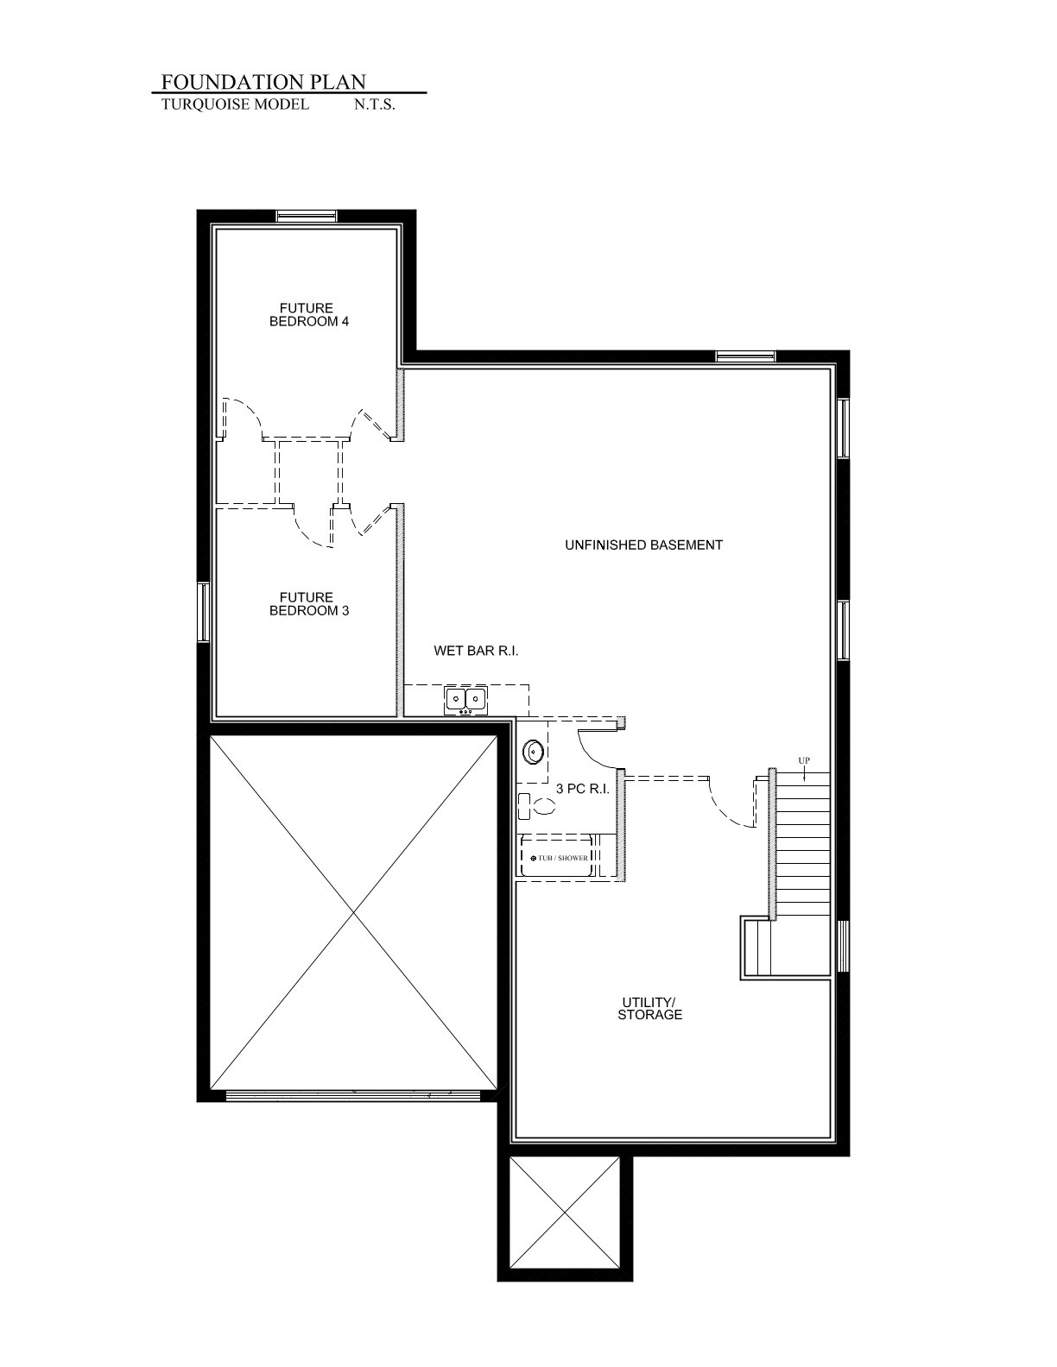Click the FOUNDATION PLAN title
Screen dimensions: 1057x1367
pos(263,82)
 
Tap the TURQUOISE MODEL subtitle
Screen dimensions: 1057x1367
pos(236,104)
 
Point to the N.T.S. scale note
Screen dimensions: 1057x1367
pos(375,105)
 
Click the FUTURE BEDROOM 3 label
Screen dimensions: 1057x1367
pos(308,604)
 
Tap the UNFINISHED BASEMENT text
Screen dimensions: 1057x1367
pos(643,545)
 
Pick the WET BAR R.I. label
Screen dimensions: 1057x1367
pos(476,651)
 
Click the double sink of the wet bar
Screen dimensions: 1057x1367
pos(465,700)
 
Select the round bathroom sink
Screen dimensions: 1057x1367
pos(533,751)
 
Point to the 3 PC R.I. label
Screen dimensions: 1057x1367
pos(583,789)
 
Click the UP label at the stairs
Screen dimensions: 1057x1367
pos(804,760)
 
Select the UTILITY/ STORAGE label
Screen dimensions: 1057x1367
pos(649,1009)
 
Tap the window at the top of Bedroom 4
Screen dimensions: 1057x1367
pos(307,216)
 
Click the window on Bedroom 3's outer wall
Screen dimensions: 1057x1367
pos(203,612)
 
